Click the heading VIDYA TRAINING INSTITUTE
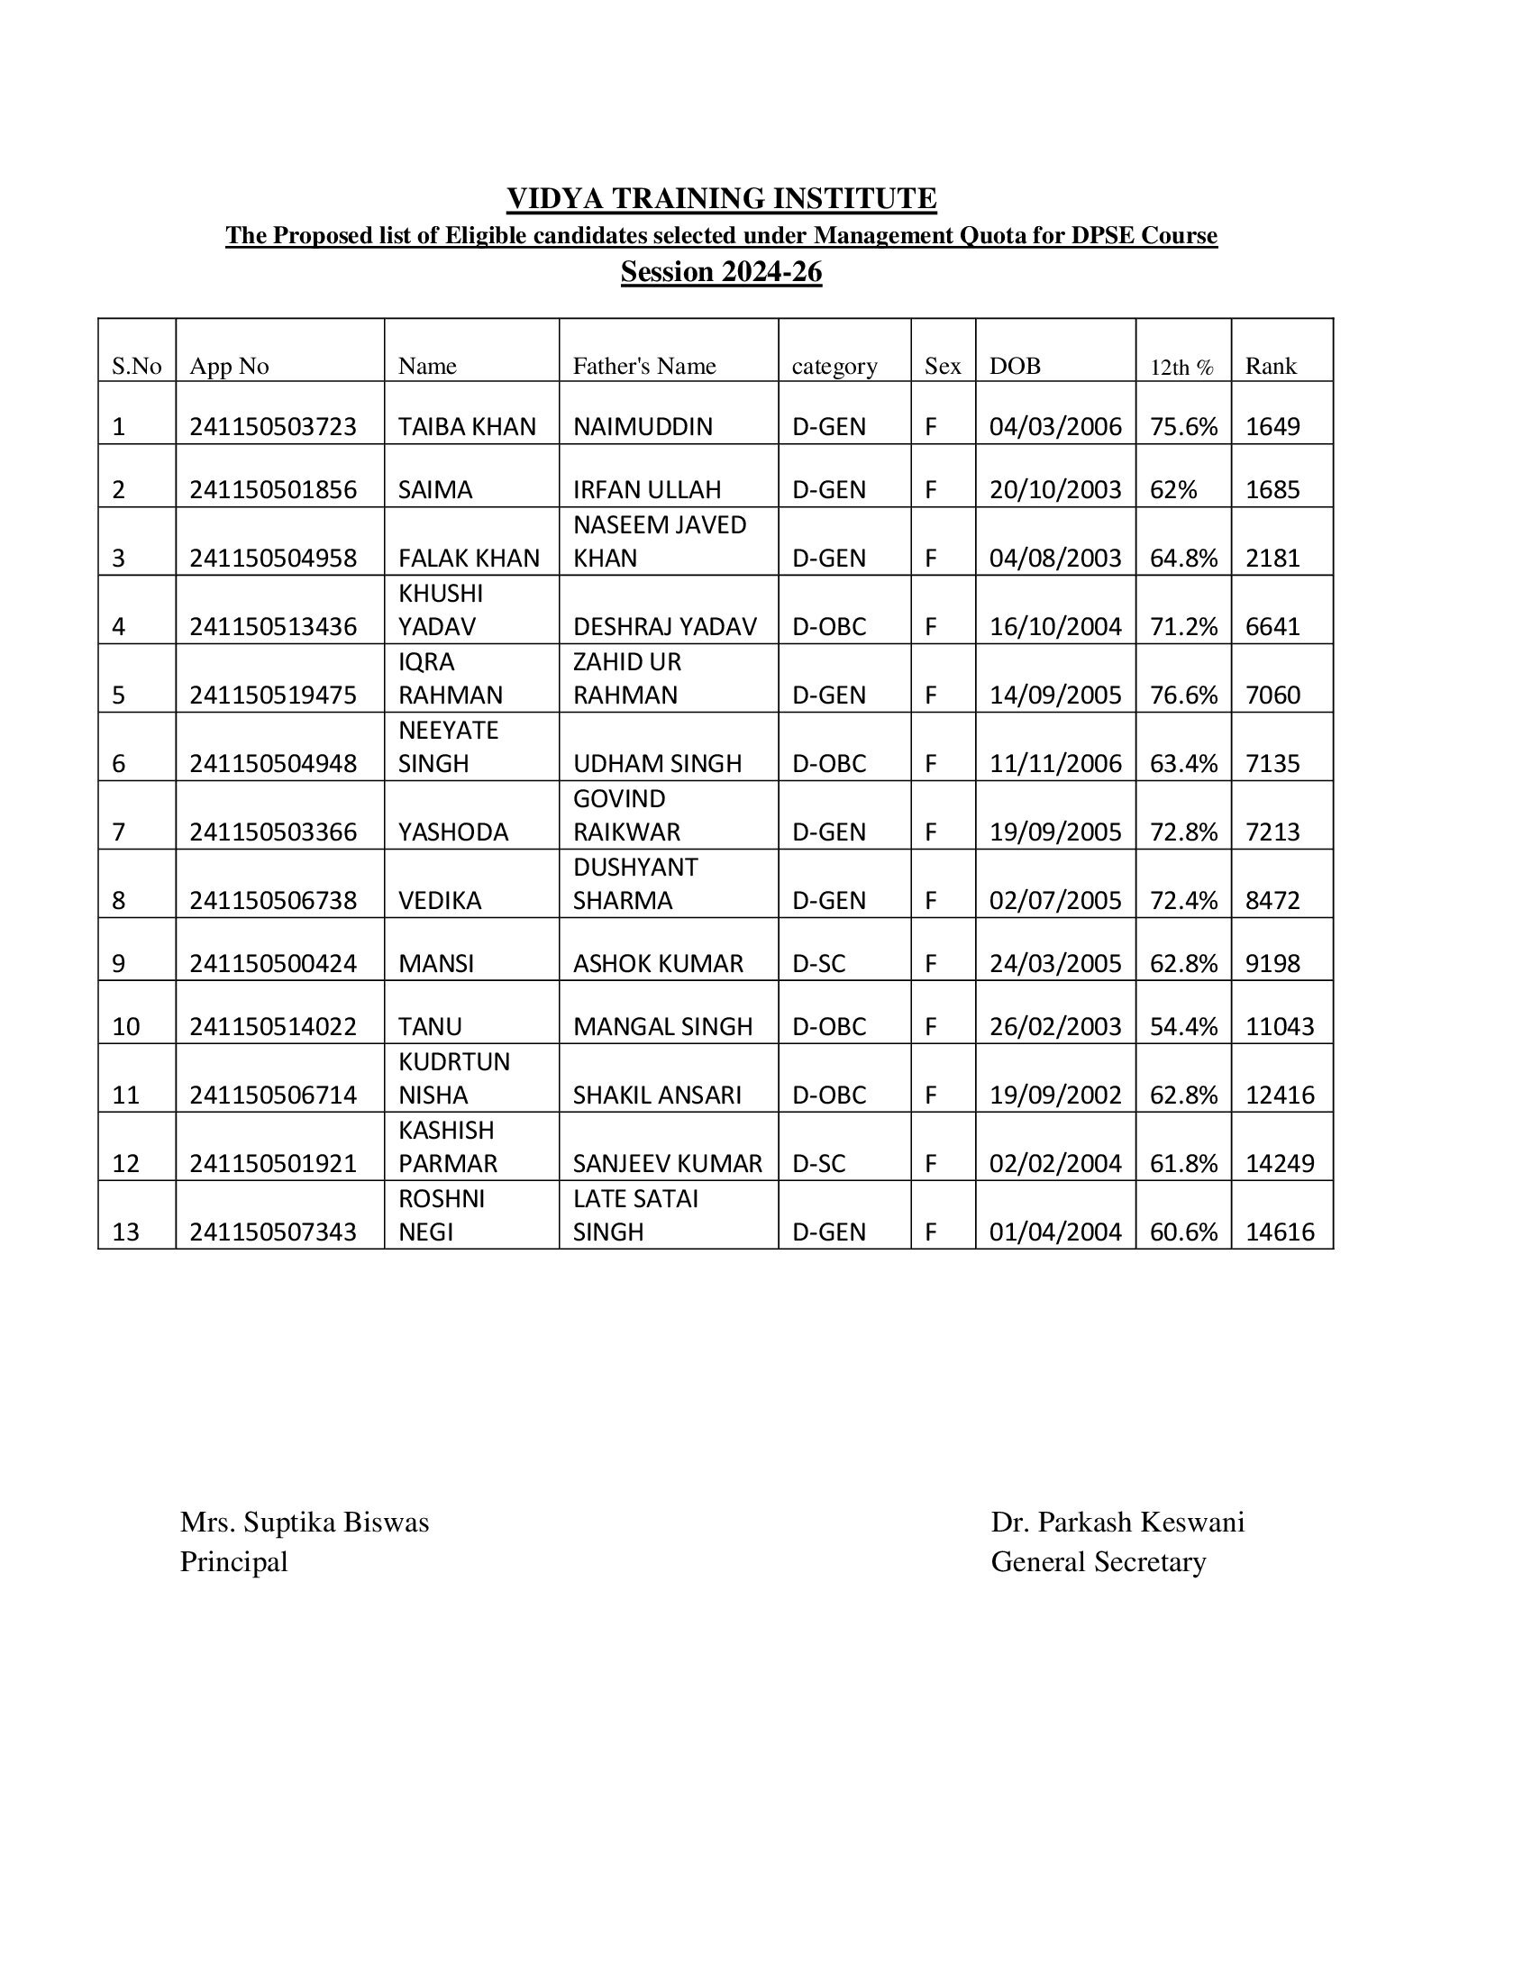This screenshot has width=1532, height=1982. click(x=721, y=198)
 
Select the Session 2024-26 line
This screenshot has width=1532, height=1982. click(x=721, y=271)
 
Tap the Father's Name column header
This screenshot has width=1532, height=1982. click(x=643, y=366)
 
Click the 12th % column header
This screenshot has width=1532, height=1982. click(x=1181, y=367)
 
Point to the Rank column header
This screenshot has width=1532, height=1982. click(x=1270, y=366)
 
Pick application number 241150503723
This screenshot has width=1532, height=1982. click(x=272, y=426)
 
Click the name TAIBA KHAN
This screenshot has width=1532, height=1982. click(x=467, y=426)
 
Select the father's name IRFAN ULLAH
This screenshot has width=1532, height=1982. click(x=646, y=490)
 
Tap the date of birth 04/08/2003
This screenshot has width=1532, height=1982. click(x=1054, y=559)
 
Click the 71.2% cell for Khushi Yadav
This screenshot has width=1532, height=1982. click(x=1182, y=627)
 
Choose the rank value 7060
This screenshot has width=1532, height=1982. click(x=1272, y=696)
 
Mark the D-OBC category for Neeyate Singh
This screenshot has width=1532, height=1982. click(x=828, y=764)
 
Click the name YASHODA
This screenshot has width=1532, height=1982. click(x=453, y=832)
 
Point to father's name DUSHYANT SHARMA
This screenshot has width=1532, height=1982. click(x=634, y=884)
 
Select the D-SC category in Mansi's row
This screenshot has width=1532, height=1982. click(x=818, y=964)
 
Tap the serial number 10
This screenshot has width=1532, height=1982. click(x=125, y=1027)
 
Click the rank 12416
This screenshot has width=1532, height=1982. click(x=1279, y=1096)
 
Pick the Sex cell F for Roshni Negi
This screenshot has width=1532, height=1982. click(x=930, y=1232)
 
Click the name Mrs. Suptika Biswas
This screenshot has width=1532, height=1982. click(x=304, y=1522)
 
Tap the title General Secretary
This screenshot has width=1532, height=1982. click(x=1098, y=1562)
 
